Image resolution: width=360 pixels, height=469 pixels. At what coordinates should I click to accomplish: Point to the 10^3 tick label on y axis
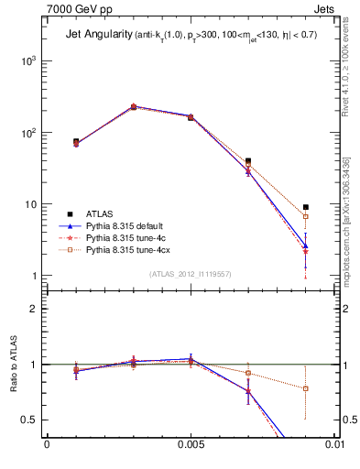click(x=29, y=60)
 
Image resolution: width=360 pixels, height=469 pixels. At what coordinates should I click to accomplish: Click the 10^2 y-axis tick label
click(x=29, y=133)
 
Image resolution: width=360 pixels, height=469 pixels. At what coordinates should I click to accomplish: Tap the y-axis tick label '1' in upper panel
click(x=35, y=276)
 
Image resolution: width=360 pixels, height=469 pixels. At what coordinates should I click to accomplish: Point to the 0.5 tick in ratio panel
click(x=32, y=420)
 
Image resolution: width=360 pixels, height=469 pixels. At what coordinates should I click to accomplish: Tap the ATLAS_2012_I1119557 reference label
click(x=191, y=274)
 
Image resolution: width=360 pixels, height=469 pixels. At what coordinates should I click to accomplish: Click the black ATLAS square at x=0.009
click(x=305, y=207)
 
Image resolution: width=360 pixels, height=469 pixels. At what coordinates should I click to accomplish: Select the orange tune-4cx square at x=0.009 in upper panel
click(x=305, y=217)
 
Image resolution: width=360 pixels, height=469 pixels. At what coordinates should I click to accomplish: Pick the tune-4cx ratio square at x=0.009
click(x=305, y=388)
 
